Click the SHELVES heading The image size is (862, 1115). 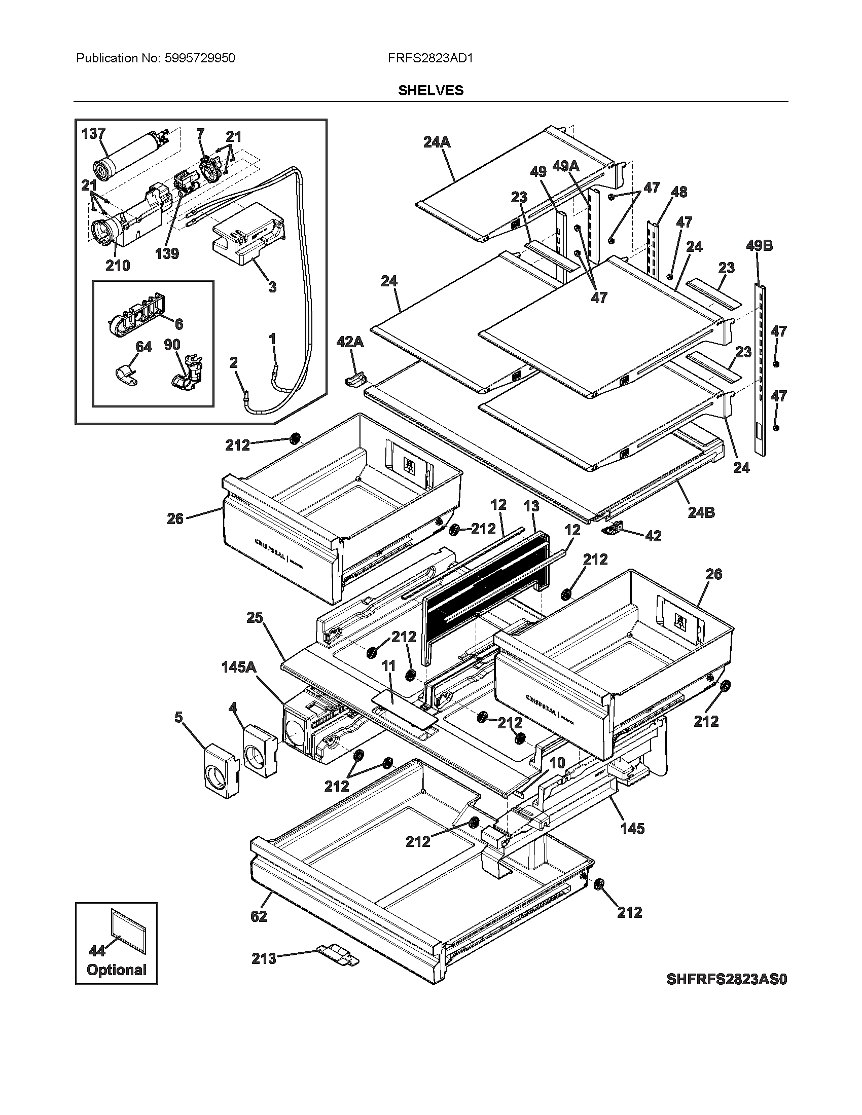(430, 90)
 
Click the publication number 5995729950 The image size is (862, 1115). (200, 58)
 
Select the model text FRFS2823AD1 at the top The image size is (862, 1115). (430, 58)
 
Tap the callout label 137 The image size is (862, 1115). (93, 134)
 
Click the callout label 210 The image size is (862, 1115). (118, 266)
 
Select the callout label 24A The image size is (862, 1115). (437, 142)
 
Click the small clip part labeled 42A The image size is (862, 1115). (355, 379)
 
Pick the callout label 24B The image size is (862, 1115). (701, 512)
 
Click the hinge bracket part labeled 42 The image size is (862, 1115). (615, 529)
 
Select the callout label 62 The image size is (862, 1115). (259, 916)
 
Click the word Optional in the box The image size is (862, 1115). (117, 970)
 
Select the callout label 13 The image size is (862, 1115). (531, 506)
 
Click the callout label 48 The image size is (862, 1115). (678, 192)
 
